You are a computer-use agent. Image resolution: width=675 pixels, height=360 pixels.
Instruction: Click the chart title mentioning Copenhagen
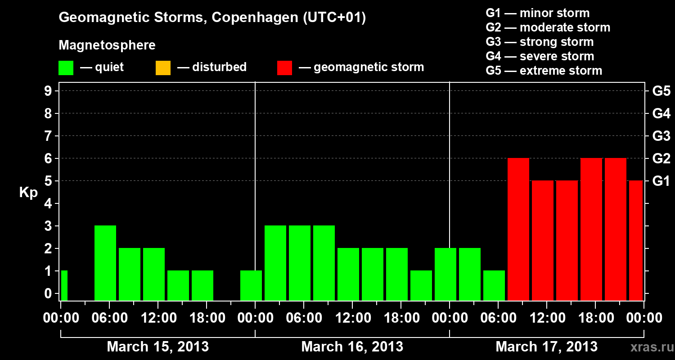pyautogui.click(x=212, y=18)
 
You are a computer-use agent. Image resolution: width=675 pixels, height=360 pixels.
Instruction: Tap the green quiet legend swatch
pyautogui.click(x=66, y=67)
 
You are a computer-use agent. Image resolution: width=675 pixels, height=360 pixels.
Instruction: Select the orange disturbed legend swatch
pyautogui.click(x=163, y=67)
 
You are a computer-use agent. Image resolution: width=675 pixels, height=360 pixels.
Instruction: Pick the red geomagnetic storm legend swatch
pyautogui.click(x=284, y=67)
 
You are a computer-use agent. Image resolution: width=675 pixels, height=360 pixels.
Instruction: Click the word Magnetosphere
pyautogui.click(x=107, y=45)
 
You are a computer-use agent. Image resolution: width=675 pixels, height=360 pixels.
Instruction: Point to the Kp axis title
pyautogui.click(x=28, y=193)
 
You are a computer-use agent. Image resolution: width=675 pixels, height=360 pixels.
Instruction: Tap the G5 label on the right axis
pyautogui.click(x=661, y=91)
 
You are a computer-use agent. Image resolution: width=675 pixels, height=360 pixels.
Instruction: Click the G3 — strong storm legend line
pyautogui.click(x=540, y=42)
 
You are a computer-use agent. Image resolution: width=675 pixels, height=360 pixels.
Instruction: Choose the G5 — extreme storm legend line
pyautogui.click(x=544, y=71)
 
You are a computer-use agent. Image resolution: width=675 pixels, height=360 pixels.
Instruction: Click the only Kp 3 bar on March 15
pyautogui.click(x=105, y=263)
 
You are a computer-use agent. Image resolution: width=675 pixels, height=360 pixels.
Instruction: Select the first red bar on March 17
pyautogui.click(x=518, y=229)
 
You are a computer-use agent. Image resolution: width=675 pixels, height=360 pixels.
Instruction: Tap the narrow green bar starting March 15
pyautogui.click(x=64, y=285)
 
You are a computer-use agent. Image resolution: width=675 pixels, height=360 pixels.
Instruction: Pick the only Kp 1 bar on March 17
pyautogui.click(x=494, y=285)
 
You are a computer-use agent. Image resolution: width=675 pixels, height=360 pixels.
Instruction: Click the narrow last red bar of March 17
pyautogui.click(x=636, y=240)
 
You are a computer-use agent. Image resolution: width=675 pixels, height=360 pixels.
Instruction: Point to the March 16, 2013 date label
pyautogui.click(x=352, y=346)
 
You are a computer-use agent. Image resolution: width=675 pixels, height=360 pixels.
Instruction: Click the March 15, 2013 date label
pyautogui.click(x=157, y=346)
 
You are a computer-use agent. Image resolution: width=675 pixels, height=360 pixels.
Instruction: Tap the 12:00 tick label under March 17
pyautogui.click(x=546, y=318)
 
